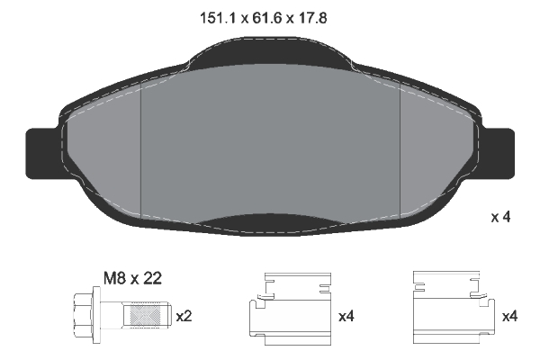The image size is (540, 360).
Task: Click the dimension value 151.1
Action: (x=216, y=16)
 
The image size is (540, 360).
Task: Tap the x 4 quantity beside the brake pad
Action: (x=500, y=217)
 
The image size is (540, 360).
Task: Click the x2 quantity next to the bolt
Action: (x=184, y=316)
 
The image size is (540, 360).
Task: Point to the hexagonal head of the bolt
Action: (x=82, y=316)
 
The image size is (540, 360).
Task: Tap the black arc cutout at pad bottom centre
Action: (x=270, y=222)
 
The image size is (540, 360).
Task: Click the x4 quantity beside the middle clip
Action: (x=346, y=316)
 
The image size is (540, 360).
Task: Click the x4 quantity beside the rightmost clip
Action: (x=508, y=316)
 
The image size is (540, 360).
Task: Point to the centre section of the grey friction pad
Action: (x=270, y=144)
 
